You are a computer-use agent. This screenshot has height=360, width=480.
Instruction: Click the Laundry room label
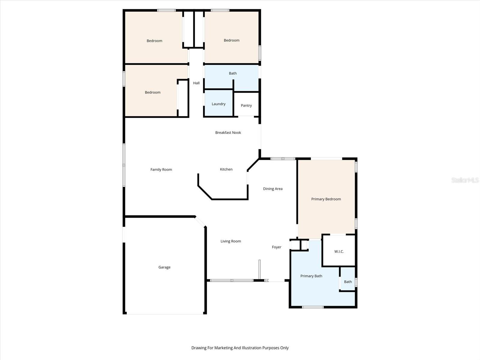tap(218, 104)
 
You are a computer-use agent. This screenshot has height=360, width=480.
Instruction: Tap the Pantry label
tap(246, 106)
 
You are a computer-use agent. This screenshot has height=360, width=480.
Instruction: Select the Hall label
tap(196, 83)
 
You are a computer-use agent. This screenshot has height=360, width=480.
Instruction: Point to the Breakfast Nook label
tap(228, 133)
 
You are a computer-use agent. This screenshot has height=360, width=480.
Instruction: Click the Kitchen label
tap(226, 169)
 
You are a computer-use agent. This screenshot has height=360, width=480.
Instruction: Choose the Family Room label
tap(161, 170)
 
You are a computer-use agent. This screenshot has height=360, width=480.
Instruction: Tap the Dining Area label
tap(273, 189)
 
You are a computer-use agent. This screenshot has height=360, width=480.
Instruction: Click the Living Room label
tap(231, 241)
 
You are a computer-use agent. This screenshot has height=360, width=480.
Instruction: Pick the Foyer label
tap(277, 247)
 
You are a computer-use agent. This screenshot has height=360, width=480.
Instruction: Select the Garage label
tap(164, 267)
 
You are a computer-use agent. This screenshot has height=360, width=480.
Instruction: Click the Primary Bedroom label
tap(326, 199)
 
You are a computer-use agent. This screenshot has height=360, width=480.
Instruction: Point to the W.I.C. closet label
tap(339, 252)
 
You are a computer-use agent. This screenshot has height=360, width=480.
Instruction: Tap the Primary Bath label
tap(311, 276)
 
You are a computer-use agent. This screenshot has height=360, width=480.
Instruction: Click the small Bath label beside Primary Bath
tap(348, 282)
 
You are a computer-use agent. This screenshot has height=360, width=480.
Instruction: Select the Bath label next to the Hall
tap(233, 73)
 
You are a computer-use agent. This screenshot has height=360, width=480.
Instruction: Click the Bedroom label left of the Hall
tap(153, 92)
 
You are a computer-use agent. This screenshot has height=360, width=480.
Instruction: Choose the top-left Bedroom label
tap(154, 41)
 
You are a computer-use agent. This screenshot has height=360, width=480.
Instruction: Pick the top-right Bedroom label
tap(232, 40)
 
